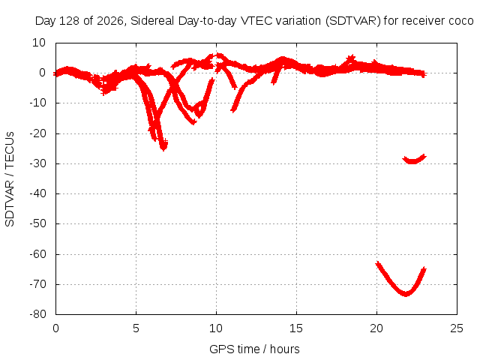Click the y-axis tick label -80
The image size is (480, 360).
tap(38, 314)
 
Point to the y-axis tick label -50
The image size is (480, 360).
tap(38, 223)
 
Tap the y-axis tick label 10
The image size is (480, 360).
tap(39, 43)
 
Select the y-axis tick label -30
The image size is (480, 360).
tap(38, 163)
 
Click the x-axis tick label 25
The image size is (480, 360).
tap(457, 328)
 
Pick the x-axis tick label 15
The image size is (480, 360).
tap(296, 328)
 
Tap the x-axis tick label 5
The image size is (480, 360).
tap(136, 328)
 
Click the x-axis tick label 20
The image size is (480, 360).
tap(376, 328)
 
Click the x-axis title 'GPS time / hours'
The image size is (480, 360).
tap(254, 349)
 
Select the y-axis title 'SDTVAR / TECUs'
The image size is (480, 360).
tap(10, 179)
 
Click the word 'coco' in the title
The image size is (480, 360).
tap(461, 21)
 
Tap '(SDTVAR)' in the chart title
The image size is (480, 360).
tap(353, 21)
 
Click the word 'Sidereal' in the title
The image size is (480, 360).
tap(152, 21)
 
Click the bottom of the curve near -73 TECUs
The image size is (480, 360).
tap(406, 294)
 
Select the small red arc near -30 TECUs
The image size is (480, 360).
tap(414, 161)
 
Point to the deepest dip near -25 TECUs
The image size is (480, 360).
tap(163, 148)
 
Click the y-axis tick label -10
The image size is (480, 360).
tap(38, 103)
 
